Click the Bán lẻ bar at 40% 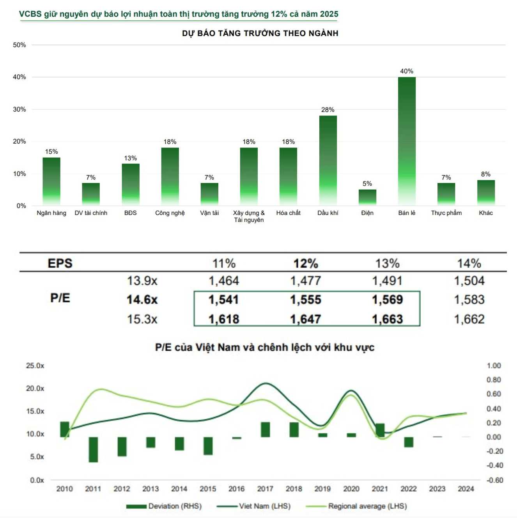pyautogui.click(x=407, y=141)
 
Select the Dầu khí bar pyautogui.click(x=328, y=160)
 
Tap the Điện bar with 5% pyautogui.click(x=367, y=198)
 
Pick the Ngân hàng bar pyautogui.click(x=51, y=181)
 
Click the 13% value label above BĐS pyautogui.click(x=130, y=158)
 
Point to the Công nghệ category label pyautogui.click(x=170, y=213)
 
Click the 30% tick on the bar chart pyautogui.click(x=19, y=109)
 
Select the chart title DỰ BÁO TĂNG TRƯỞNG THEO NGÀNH pyautogui.click(x=260, y=33)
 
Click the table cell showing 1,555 pyautogui.click(x=306, y=300)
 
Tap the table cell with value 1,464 pyautogui.click(x=224, y=280)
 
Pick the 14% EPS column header pyautogui.click(x=469, y=263)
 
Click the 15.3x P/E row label pyautogui.click(x=142, y=319)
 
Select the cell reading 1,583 pyautogui.click(x=469, y=300)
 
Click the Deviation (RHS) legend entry pyautogui.click(x=164, y=506)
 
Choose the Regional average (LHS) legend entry pyautogui.click(x=356, y=506)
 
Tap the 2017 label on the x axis pyautogui.click(x=265, y=489)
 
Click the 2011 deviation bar pyautogui.click(x=93, y=450)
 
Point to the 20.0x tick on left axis pyautogui.click(x=35, y=388)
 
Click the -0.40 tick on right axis pyautogui.click(x=495, y=465)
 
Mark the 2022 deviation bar pyautogui.click(x=409, y=442)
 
